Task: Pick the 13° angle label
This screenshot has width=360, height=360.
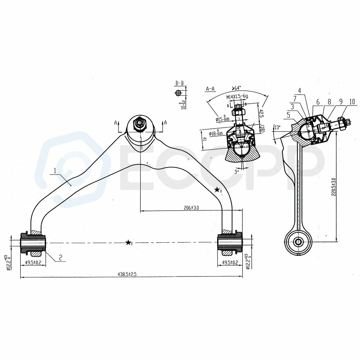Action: (x=277, y=127)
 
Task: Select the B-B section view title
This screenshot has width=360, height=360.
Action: (x=180, y=84)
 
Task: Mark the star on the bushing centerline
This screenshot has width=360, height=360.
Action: (x=128, y=243)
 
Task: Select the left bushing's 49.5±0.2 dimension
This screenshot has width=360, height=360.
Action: (x=33, y=262)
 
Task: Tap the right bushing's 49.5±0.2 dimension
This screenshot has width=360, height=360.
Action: (x=229, y=262)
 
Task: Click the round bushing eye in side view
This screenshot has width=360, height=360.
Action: (x=298, y=242)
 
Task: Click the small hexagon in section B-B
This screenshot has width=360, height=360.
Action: (x=178, y=93)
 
